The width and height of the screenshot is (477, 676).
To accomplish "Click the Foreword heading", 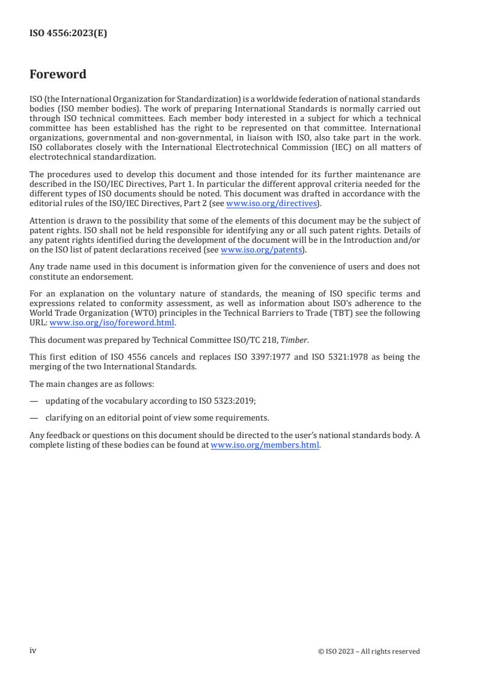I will click(x=58, y=75).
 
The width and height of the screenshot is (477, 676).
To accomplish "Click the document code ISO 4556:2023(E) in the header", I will click(x=68, y=34).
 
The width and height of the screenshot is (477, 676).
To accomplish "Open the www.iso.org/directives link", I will click(x=271, y=204).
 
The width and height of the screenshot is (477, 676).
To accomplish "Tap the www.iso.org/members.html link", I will click(x=265, y=446).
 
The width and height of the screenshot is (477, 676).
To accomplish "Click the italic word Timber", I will click(x=295, y=340).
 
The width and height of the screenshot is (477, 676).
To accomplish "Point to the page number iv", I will click(x=33, y=651).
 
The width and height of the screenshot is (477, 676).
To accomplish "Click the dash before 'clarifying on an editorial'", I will click(x=34, y=418).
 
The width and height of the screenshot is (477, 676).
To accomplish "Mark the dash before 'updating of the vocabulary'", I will click(x=34, y=401).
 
